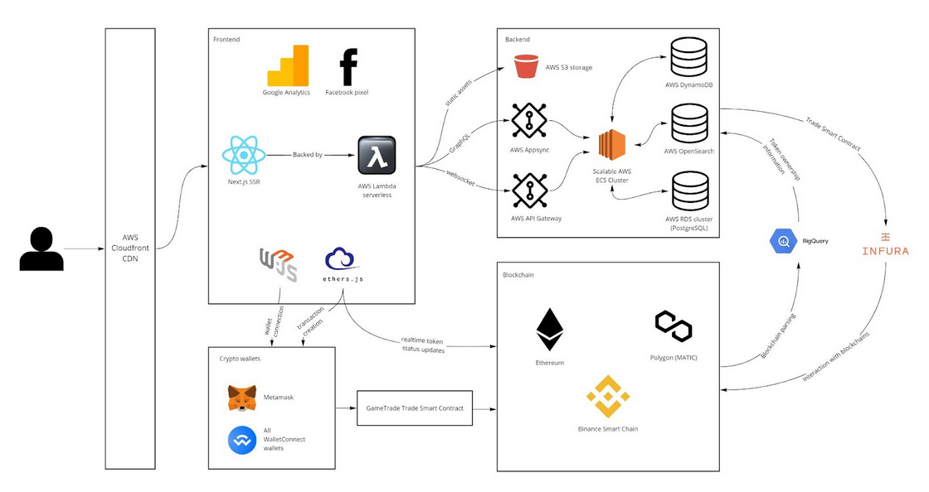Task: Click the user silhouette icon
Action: (x=41, y=249)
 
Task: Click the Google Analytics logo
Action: (x=288, y=66)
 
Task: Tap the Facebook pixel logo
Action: (x=348, y=67)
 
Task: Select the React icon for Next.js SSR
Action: (x=244, y=155)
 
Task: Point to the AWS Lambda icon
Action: (x=377, y=155)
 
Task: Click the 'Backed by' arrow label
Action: (x=307, y=155)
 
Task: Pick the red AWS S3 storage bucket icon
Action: (x=527, y=66)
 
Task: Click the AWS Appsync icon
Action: (x=528, y=121)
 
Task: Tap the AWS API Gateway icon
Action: (x=528, y=191)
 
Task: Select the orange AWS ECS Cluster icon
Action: (x=612, y=144)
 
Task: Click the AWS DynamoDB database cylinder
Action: (x=689, y=57)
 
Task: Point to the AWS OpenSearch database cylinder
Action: (x=689, y=123)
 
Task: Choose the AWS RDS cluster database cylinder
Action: (x=689, y=191)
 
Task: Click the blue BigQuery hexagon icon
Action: (x=783, y=241)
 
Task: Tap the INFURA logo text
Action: (x=885, y=249)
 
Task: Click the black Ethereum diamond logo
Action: (x=549, y=330)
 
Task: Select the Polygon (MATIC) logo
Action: (x=674, y=326)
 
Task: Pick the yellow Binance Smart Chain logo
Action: (x=608, y=396)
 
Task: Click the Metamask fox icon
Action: (x=242, y=398)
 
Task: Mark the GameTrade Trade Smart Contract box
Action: (x=414, y=408)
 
